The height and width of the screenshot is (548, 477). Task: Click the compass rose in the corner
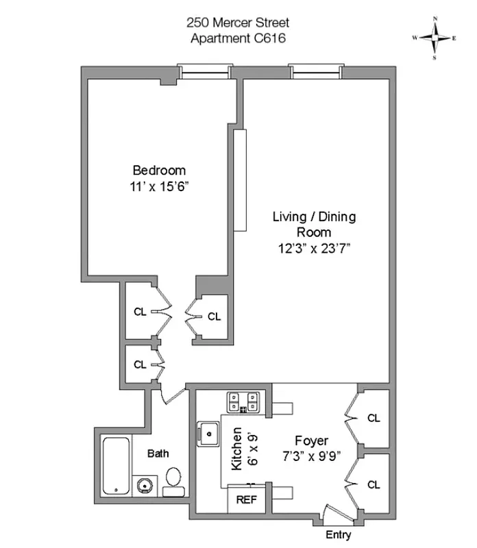[435, 38]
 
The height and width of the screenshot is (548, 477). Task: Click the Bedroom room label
[159, 170]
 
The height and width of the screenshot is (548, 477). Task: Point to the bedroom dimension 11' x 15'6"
[159, 186]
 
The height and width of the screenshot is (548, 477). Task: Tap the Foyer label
[311, 440]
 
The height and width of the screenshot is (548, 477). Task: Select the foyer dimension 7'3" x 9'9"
[311, 455]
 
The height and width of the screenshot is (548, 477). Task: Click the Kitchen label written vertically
[236, 450]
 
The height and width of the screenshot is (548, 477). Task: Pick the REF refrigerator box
[246, 499]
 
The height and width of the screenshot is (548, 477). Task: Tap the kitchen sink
[207, 432]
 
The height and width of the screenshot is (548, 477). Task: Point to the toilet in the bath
[174, 482]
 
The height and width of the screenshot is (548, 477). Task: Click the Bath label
[158, 453]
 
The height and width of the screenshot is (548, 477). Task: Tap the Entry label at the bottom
[338, 534]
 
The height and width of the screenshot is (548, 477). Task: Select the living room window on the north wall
[315, 71]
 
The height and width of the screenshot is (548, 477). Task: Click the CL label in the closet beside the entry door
[374, 485]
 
